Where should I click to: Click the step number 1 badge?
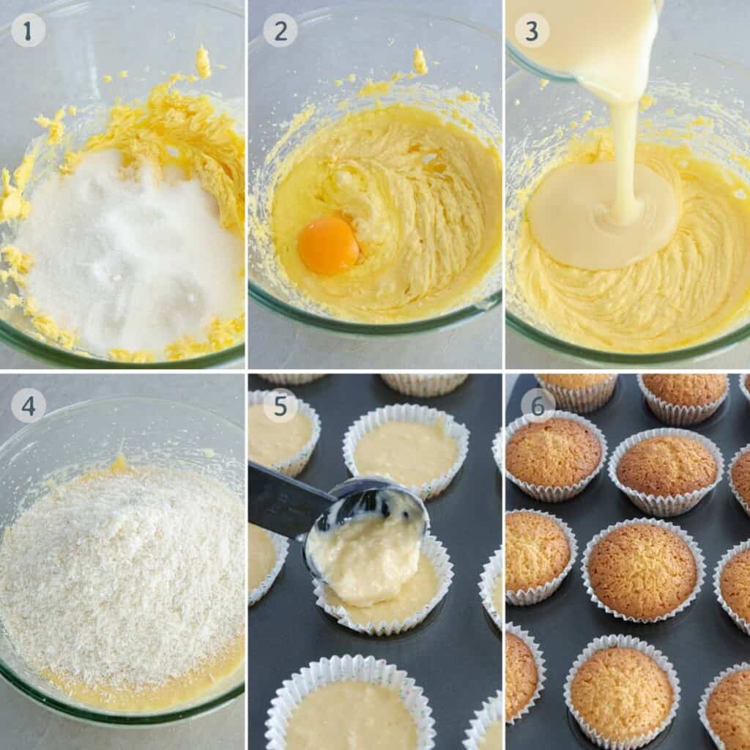pyautogui.click(x=28, y=30)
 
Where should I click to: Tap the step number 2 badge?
pyautogui.click(x=280, y=30)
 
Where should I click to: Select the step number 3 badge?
pyautogui.click(x=532, y=30)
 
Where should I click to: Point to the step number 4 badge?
pyautogui.click(x=28, y=405)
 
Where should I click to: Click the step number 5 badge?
pyautogui.click(x=280, y=405)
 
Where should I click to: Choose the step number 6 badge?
pyautogui.click(x=538, y=405)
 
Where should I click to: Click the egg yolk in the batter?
pyautogui.click(x=328, y=245)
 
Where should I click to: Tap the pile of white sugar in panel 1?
pyautogui.click(x=125, y=249)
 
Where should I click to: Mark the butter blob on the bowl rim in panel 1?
pyautogui.click(x=203, y=62)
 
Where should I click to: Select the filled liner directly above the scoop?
pyautogui.click(x=405, y=450)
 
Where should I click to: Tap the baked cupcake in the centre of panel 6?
pyautogui.click(x=642, y=570)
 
